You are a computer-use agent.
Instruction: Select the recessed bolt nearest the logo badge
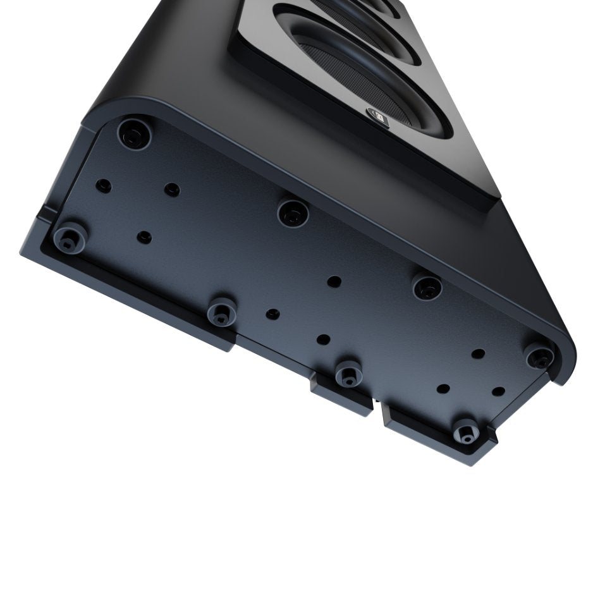292,213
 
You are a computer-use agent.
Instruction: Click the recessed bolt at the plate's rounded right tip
539,357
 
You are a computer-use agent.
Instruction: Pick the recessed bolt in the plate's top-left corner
133,132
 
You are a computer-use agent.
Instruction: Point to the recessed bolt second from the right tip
427,288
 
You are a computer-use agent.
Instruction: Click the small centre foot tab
341,396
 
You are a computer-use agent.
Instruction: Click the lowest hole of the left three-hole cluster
145,237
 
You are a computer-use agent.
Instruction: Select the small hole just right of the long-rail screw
272,314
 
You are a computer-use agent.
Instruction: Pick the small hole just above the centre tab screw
323,339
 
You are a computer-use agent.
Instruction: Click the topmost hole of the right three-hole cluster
479,353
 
